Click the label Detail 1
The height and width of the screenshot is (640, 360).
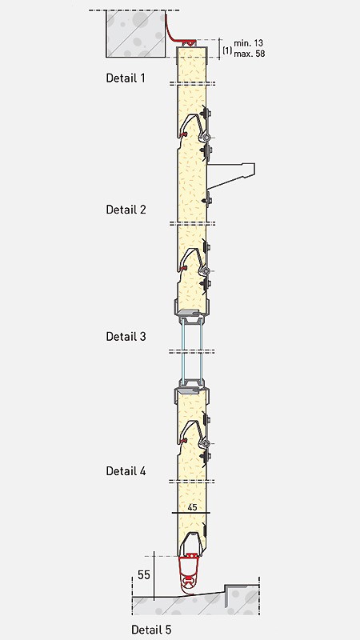126,78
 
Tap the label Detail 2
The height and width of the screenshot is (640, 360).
126,210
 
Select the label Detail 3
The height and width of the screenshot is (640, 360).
126,336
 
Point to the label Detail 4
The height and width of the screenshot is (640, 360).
126,470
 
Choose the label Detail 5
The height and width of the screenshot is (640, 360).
151,630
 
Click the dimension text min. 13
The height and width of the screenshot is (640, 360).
249,43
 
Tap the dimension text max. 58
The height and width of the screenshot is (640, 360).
250,53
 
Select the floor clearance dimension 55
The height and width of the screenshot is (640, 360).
143,574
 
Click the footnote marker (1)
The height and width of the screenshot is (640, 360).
227,50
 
